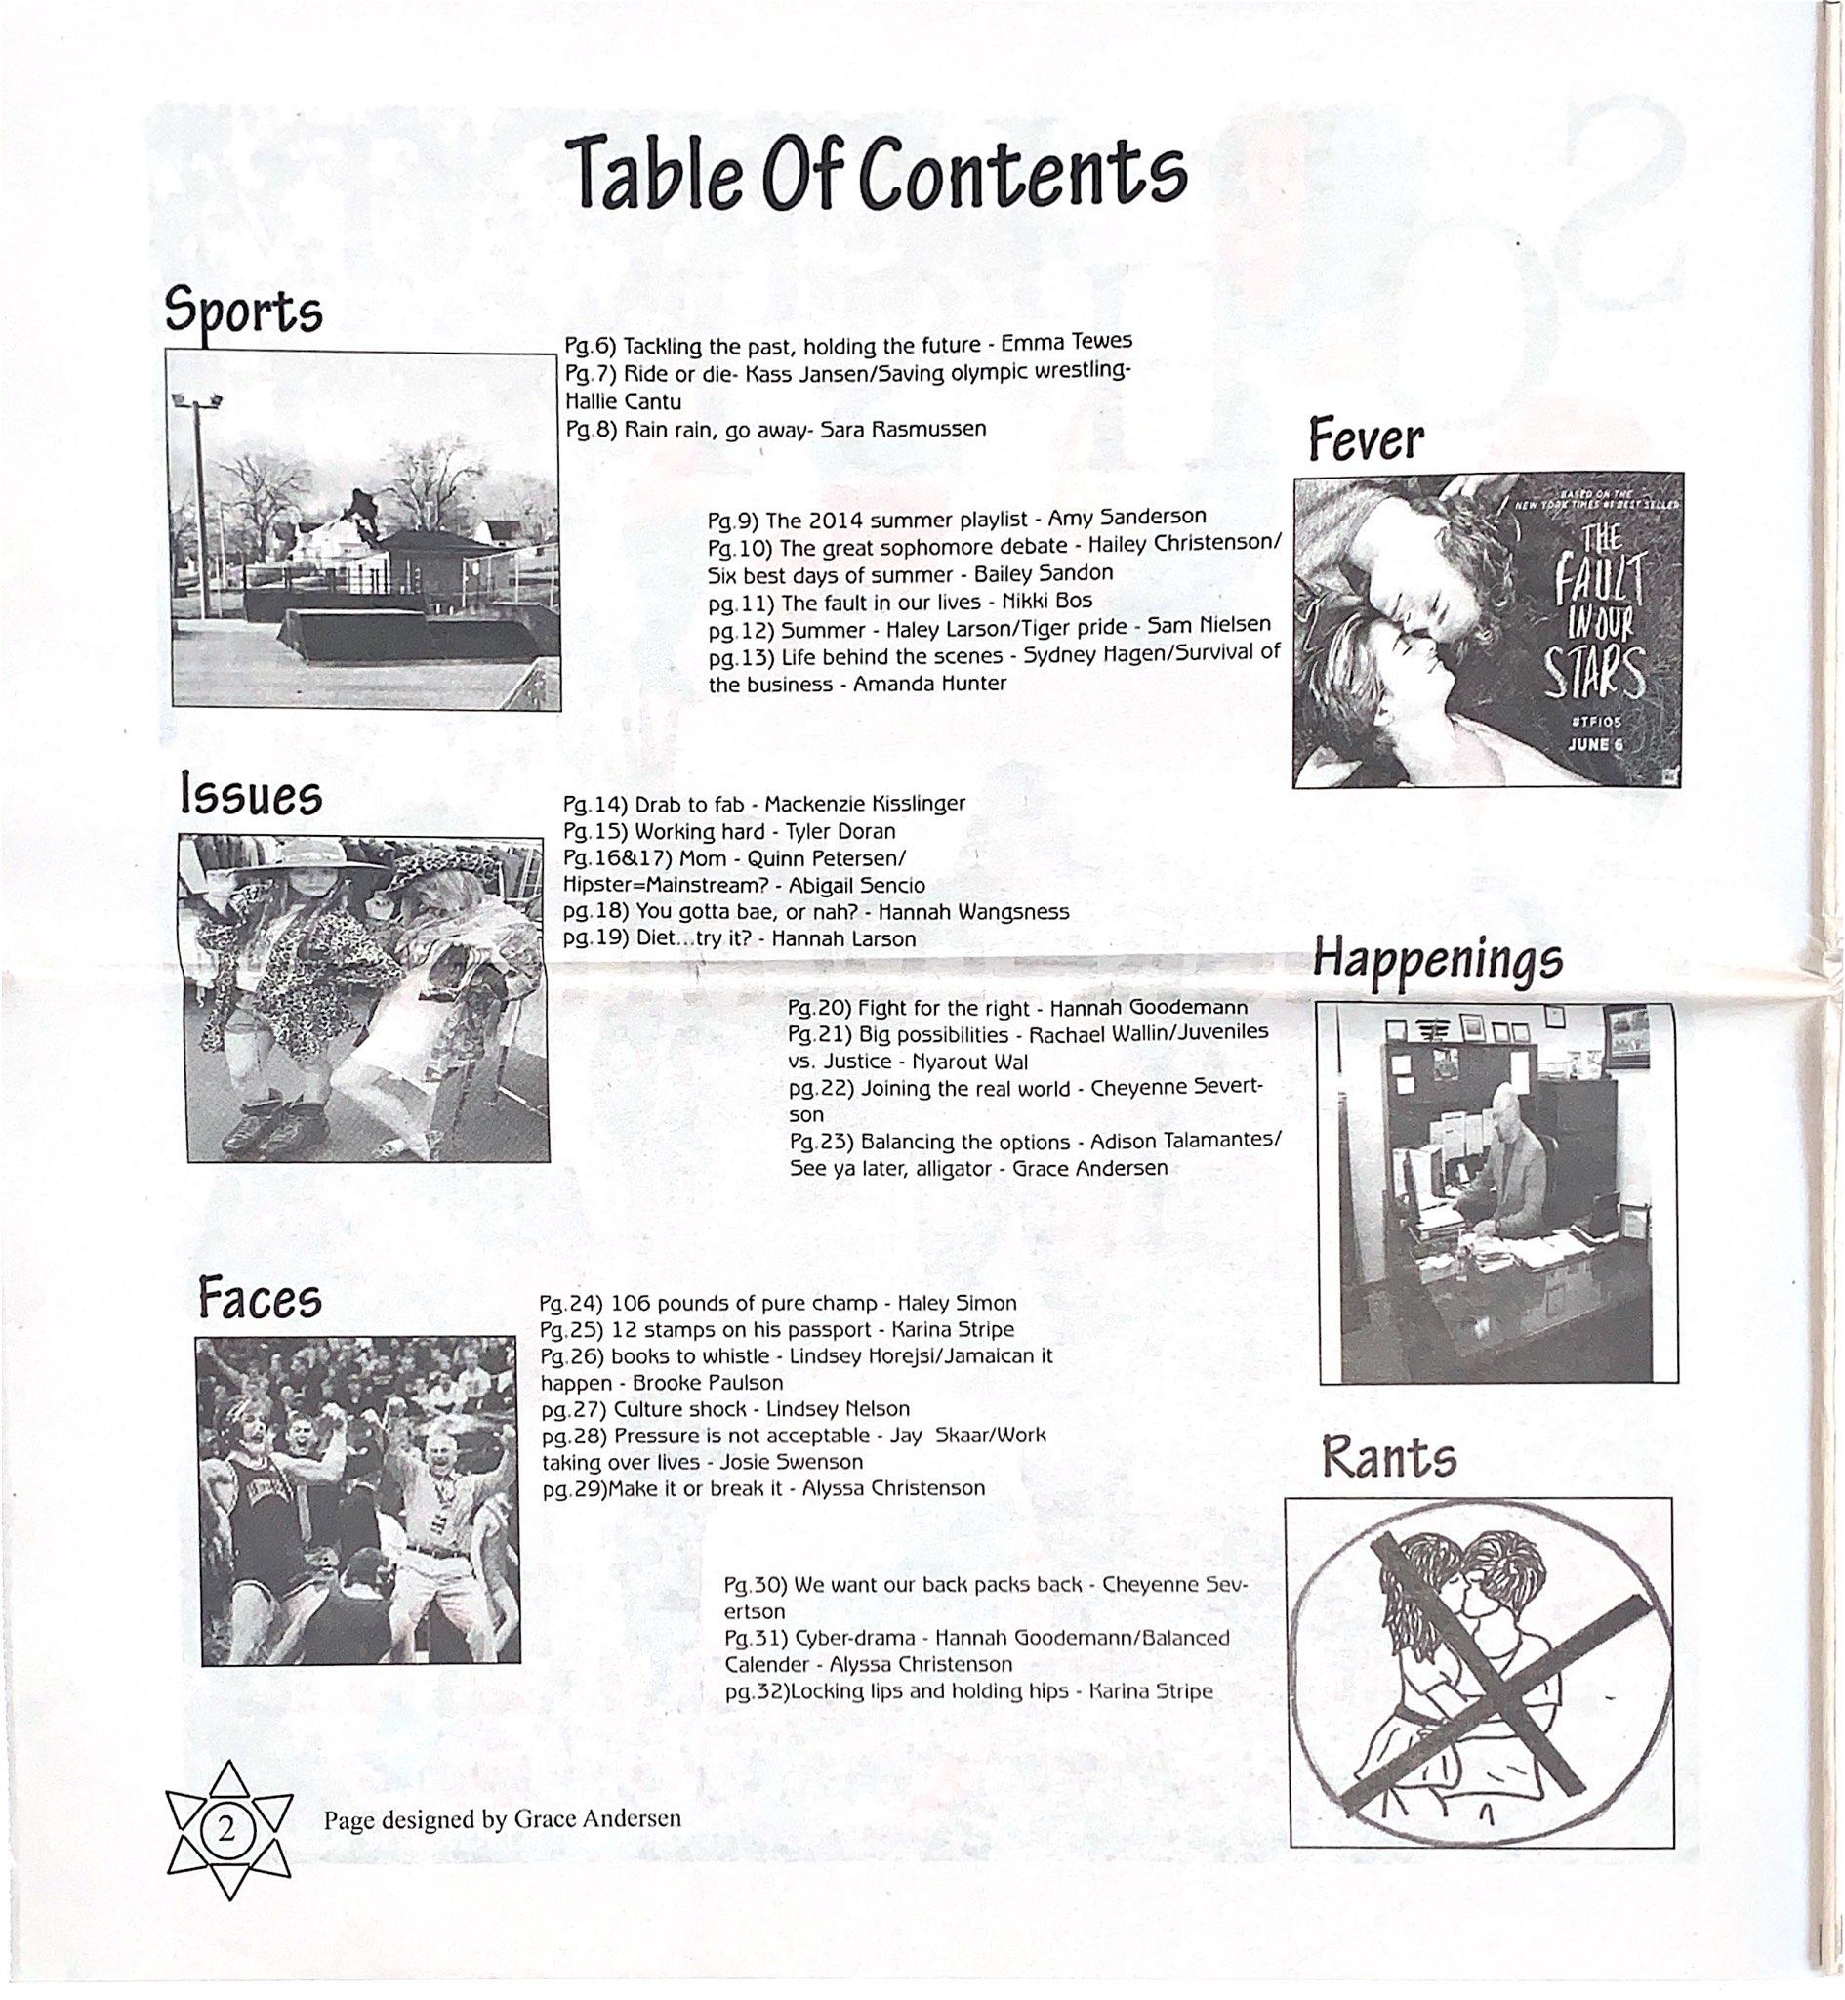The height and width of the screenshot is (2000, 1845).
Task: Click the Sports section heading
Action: pos(244,311)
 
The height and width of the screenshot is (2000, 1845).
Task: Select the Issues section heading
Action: pos(251,797)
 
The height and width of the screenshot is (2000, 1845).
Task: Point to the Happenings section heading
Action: pos(1438,960)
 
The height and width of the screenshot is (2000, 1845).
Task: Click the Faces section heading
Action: pos(260,1299)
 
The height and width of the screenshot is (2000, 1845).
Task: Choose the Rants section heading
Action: pos(1389,1458)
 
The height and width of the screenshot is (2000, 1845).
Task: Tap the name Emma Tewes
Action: pos(1066,343)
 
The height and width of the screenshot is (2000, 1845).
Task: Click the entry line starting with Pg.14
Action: pos(763,804)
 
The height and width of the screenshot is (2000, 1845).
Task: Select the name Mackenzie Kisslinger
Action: pos(865,804)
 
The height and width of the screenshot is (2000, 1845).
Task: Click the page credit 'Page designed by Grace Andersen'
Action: pos(502,1818)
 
